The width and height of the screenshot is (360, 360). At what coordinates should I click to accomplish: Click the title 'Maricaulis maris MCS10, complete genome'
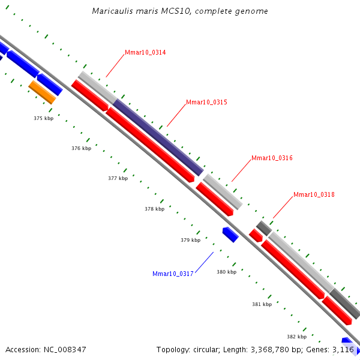pos(180,11)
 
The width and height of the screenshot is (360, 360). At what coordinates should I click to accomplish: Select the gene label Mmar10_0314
pos(145,53)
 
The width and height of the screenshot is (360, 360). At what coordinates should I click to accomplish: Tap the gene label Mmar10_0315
pos(206,103)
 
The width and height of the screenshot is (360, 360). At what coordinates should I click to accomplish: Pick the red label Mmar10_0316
pos(272,158)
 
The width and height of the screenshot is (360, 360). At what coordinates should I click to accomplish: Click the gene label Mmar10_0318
pos(314,195)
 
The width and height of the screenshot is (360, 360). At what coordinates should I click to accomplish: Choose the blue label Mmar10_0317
pos(173,274)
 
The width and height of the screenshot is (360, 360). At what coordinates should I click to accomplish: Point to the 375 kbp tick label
pos(44,119)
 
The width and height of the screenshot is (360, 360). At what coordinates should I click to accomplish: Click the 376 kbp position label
pos(81,148)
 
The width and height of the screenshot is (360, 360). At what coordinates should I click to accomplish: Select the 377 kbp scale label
pos(118,179)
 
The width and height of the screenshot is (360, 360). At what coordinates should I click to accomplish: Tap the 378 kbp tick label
pos(154,209)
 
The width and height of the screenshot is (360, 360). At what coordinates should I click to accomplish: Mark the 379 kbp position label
pos(190,241)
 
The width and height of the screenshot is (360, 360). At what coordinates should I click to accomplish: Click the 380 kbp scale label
pos(226,272)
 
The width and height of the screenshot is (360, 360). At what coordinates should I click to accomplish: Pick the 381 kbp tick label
pos(262,305)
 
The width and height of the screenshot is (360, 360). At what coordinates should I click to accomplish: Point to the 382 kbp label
pos(296,337)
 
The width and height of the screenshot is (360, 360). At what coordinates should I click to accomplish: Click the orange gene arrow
pos(42,92)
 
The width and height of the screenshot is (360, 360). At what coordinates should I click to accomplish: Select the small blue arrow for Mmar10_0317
pos(230,235)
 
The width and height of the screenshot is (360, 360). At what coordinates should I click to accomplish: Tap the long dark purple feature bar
pos(158,137)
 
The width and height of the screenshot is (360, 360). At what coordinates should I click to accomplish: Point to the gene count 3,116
pos(343,349)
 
